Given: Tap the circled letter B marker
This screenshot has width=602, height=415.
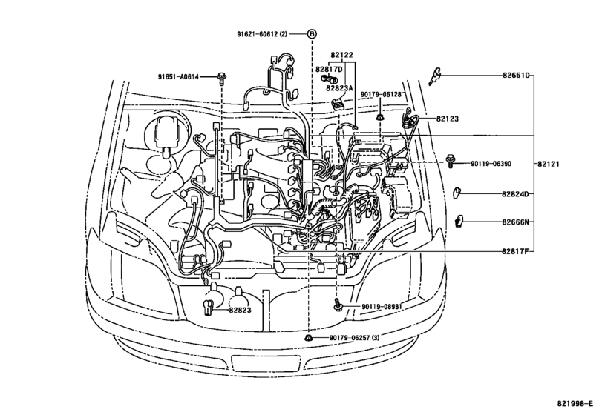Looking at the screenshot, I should (x=313, y=35).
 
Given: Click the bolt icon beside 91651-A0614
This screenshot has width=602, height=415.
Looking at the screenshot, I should (x=222, y=77).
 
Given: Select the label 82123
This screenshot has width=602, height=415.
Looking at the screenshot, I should (x=448, y=119).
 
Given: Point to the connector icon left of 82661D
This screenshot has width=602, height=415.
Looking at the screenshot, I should (x=436, y=76).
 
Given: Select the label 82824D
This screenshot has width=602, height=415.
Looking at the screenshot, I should (x=515, y=194).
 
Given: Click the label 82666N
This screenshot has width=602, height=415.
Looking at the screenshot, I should (x=515, y=222).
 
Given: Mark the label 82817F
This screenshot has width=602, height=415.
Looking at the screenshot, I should (x=515, y=252).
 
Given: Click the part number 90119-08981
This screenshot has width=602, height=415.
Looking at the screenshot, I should (x=382, y=306).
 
